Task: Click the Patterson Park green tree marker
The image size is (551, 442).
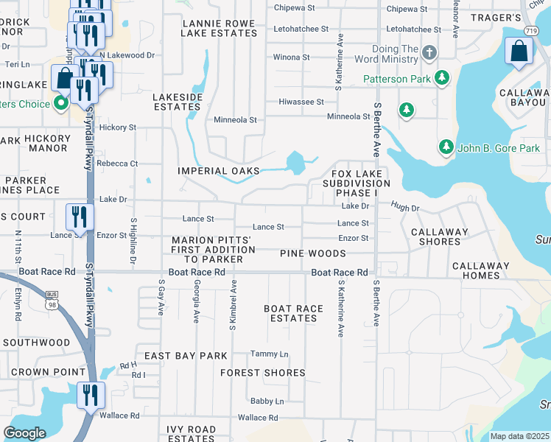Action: [x=442, y=77]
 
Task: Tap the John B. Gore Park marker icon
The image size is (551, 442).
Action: [x=446, y=147]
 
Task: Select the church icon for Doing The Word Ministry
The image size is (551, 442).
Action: [x=430, y=54]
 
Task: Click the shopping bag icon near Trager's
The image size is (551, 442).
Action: [x=519, y=52]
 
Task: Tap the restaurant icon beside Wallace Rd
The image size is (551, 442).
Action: [x=91, y=396]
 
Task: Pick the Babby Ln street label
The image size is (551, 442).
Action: [x=267, y=401]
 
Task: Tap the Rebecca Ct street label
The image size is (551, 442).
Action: [x=117, y=164]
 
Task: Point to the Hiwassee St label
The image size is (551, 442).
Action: [x=301, y=102]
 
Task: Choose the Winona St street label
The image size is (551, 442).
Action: [x=292, y=57]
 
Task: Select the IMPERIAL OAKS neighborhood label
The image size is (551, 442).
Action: [x=219, y=171]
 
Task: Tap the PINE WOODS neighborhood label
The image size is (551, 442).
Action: [x=312, y=253]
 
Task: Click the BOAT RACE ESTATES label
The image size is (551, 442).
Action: [x=293, y=314]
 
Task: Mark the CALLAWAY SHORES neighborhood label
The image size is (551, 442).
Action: [x=440, y=236]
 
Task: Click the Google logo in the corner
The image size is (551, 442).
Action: [x=24, y=433]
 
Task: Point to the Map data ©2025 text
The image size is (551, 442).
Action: [x=519, y=436]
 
